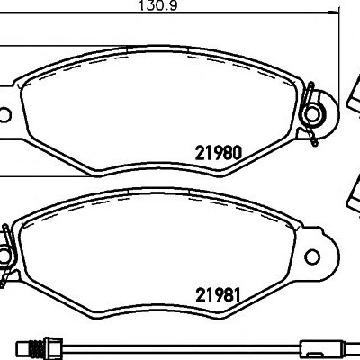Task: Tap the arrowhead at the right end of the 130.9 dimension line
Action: tap(334, 13)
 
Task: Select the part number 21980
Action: tap(218, 153)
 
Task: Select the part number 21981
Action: tap(218, 295)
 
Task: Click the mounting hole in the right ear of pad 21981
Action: tap(312, 256)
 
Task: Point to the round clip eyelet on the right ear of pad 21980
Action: tap(312, 114)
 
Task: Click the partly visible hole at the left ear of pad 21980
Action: tap(4, 115)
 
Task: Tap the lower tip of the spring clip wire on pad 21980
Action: tap(315, 144)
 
